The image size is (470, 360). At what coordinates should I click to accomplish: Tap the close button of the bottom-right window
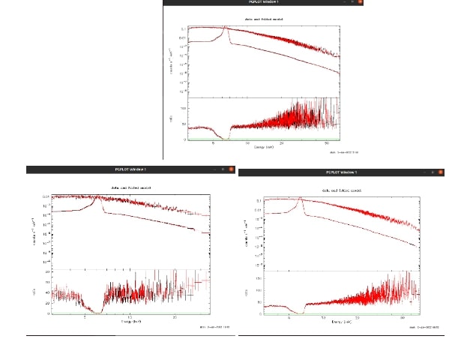coord(442,173)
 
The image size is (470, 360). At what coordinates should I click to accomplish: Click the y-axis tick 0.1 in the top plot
coord(182,28)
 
